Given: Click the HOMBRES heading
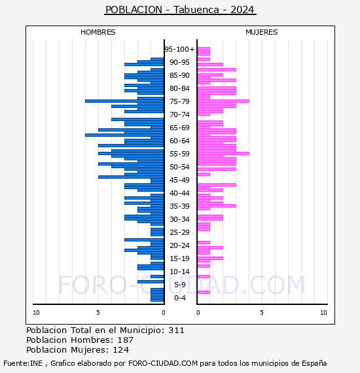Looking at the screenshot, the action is point(98,32).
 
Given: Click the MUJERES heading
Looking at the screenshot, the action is point(262,32).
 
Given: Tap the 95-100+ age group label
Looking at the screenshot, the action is point(179,49).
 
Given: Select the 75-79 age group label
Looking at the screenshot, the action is point(179,101).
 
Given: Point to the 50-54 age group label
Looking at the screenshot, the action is point(179,167).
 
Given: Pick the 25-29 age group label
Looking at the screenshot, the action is point(179,232).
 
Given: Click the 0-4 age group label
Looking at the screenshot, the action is point(179,298).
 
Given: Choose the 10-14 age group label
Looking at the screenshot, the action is point(179,272).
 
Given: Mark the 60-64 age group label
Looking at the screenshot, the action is point(179,141).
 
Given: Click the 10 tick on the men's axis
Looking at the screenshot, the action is point(36,313).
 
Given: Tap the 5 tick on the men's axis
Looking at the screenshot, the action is point(98,313).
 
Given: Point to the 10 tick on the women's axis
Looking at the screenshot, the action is point(323,313).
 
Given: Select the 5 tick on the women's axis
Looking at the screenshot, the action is point(262,313).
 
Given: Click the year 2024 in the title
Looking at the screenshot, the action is point(242,10).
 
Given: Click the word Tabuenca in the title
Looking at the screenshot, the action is point(196,10).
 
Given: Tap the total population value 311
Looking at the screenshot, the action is point(176,330).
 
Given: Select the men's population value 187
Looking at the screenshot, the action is point(126,340).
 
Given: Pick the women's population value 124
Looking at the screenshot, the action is point(121,349).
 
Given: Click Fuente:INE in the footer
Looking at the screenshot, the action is point(23,363).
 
